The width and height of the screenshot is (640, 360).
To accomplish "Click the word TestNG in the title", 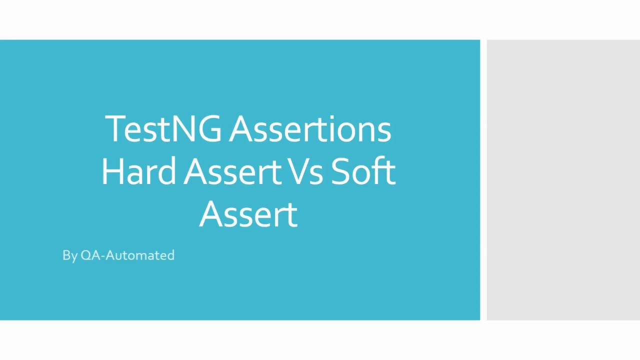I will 163,129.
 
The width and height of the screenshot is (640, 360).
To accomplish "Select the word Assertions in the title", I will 310,129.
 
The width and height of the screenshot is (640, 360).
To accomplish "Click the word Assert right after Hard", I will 231,171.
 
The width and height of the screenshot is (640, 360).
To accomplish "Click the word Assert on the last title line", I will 248,214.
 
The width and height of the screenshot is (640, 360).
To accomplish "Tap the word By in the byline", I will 69,255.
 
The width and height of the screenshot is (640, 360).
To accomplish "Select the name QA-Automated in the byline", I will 127,255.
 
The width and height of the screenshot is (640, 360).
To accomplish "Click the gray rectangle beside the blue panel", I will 563,180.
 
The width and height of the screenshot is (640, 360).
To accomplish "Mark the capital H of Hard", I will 111,171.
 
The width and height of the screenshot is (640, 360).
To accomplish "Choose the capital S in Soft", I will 341,171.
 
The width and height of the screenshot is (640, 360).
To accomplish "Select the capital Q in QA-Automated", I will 86,255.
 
